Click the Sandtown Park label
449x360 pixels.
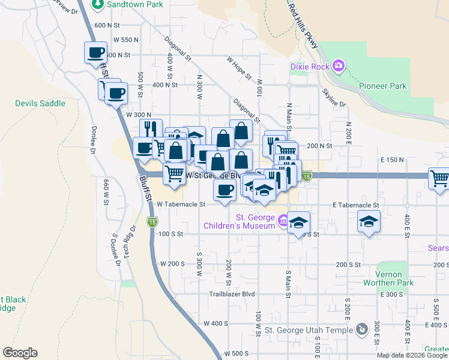(134, 4)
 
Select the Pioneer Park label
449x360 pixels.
(382, 86)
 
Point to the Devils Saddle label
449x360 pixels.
(40, 103)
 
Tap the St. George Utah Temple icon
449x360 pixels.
(361, 329)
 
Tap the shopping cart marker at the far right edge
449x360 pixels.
(439, 178)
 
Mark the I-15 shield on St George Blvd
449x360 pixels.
(307, 176)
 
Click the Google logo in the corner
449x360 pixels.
(20, 353)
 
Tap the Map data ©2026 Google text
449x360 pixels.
(412, 355)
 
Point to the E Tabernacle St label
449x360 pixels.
(356, 205)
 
